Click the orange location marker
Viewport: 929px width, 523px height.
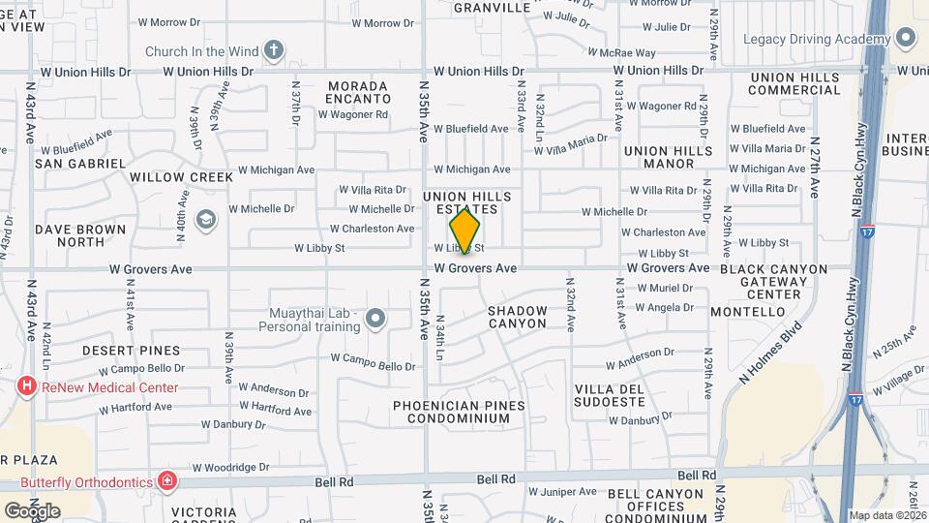tap(464, 231)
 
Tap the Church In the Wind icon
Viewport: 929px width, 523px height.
tap(274, 50)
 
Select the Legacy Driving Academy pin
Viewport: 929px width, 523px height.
tap(906, 39)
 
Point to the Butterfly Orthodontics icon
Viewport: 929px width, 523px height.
tap(168, 481)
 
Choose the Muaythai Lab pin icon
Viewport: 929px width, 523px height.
tap(376, 316)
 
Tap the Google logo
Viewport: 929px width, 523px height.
tap(31, 510)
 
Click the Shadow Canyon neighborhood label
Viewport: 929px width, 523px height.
tap(517, 317)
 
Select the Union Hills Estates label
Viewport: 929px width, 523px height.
tap(461, 202)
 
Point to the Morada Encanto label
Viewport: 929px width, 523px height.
tap(358, 92)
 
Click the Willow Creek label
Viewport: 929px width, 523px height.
tap(182, 177)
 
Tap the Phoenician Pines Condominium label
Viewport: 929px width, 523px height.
tap(460, 412)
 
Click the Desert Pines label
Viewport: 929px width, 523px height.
tap(131, 350)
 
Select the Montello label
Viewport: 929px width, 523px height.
tap(747, 312)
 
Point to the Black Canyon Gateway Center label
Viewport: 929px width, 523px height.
tap(773, 281)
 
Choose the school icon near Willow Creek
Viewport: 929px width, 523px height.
tap(205, 220)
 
